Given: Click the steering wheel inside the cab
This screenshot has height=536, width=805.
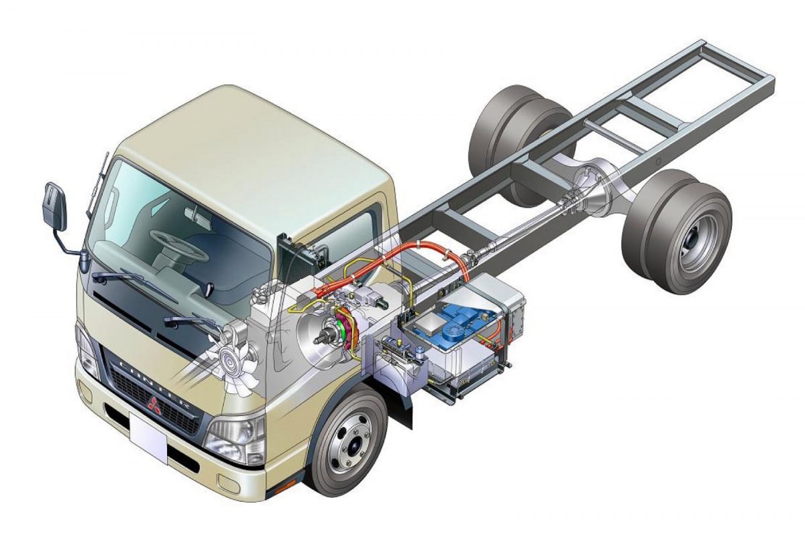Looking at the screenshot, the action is tap(178, 245).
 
